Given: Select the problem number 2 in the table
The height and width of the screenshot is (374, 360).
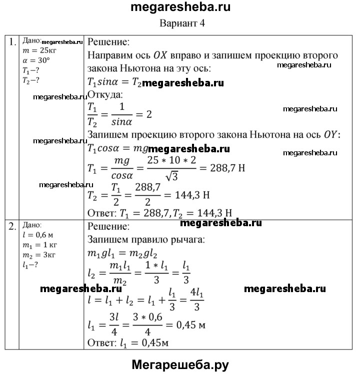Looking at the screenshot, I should tap(12, 226).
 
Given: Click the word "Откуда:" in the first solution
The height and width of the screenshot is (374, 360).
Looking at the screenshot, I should tap(105, 94).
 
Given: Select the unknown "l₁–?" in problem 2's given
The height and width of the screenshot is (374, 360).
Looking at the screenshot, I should tap(32, 264).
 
